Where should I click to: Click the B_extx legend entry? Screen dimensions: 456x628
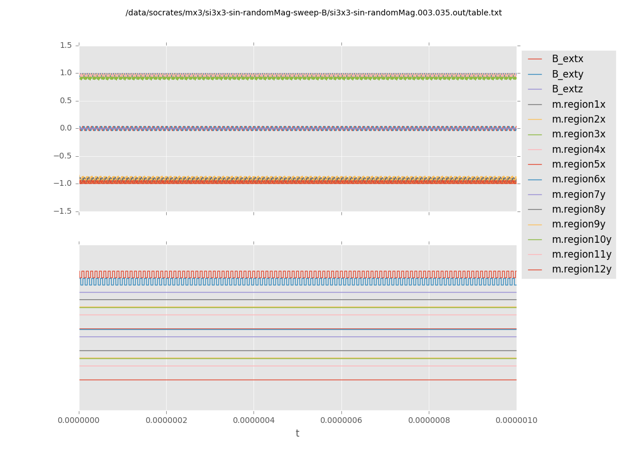(x=567, y=59)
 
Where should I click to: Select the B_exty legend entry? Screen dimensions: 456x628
(x=567, y=74)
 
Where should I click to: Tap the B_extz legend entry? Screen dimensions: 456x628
(x=567, y=89)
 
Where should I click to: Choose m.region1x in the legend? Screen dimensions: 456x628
(x=578, y=104)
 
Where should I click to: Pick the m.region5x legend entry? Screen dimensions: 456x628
(x=578, y=164)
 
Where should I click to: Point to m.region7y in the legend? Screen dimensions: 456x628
(x=578, y=194)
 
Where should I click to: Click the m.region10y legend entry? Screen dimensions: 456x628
(x=581, y=239)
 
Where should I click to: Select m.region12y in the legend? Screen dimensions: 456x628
(x=581, y=269)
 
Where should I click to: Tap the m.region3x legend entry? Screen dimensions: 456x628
(x=578, y=134)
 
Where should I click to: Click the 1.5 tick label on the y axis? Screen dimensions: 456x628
(x=66, y=45)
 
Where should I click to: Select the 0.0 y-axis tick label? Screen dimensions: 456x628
(x=66, y=128)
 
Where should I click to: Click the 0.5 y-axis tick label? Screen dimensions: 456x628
(x=66, y=100)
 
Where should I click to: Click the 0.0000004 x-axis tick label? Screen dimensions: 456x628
(x=254, y=420)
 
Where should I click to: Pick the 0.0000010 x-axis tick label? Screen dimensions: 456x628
(x=516, y=420)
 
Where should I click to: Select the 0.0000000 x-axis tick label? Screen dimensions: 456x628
(x=79, y=420)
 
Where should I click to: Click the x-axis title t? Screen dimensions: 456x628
(x=297, y=434)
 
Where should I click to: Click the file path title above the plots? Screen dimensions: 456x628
(x=313, y=13)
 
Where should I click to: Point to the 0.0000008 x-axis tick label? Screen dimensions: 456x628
(x=429, y=420)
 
